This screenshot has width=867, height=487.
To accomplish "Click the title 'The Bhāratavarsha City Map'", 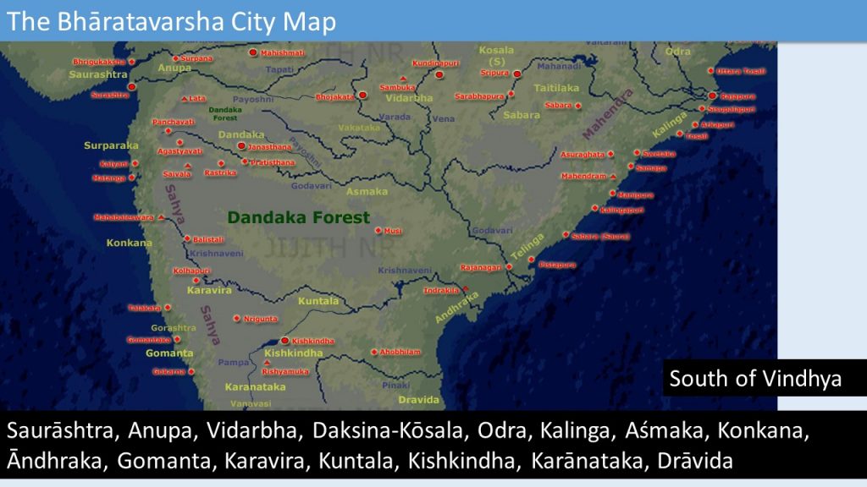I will click(x=172, y=21).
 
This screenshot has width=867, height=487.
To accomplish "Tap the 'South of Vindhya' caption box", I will click(x=755, y=378).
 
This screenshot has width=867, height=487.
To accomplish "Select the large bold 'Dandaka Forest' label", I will click(x=298, y=217).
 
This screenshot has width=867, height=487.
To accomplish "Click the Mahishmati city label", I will click(x=282, y=53).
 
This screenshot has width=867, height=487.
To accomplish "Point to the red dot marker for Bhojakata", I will click(x=362, y=95).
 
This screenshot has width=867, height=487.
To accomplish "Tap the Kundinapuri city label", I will click(x=436, y=63).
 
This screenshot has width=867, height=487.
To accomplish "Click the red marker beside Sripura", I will click(x=516, y=74).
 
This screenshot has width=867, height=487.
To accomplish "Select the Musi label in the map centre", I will click(x=393, y=231).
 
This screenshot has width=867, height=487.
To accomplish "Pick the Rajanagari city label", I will click(x=480, y=267).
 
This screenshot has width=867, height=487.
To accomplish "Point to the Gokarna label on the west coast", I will click(x=168, y=372).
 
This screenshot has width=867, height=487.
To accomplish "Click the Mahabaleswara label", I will click(x=124, y=217).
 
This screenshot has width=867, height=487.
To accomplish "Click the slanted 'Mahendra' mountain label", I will click(x=607, y=113).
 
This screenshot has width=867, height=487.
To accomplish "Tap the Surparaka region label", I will click(x=111, y=145).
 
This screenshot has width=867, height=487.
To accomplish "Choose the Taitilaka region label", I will click(x=556, y=87).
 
